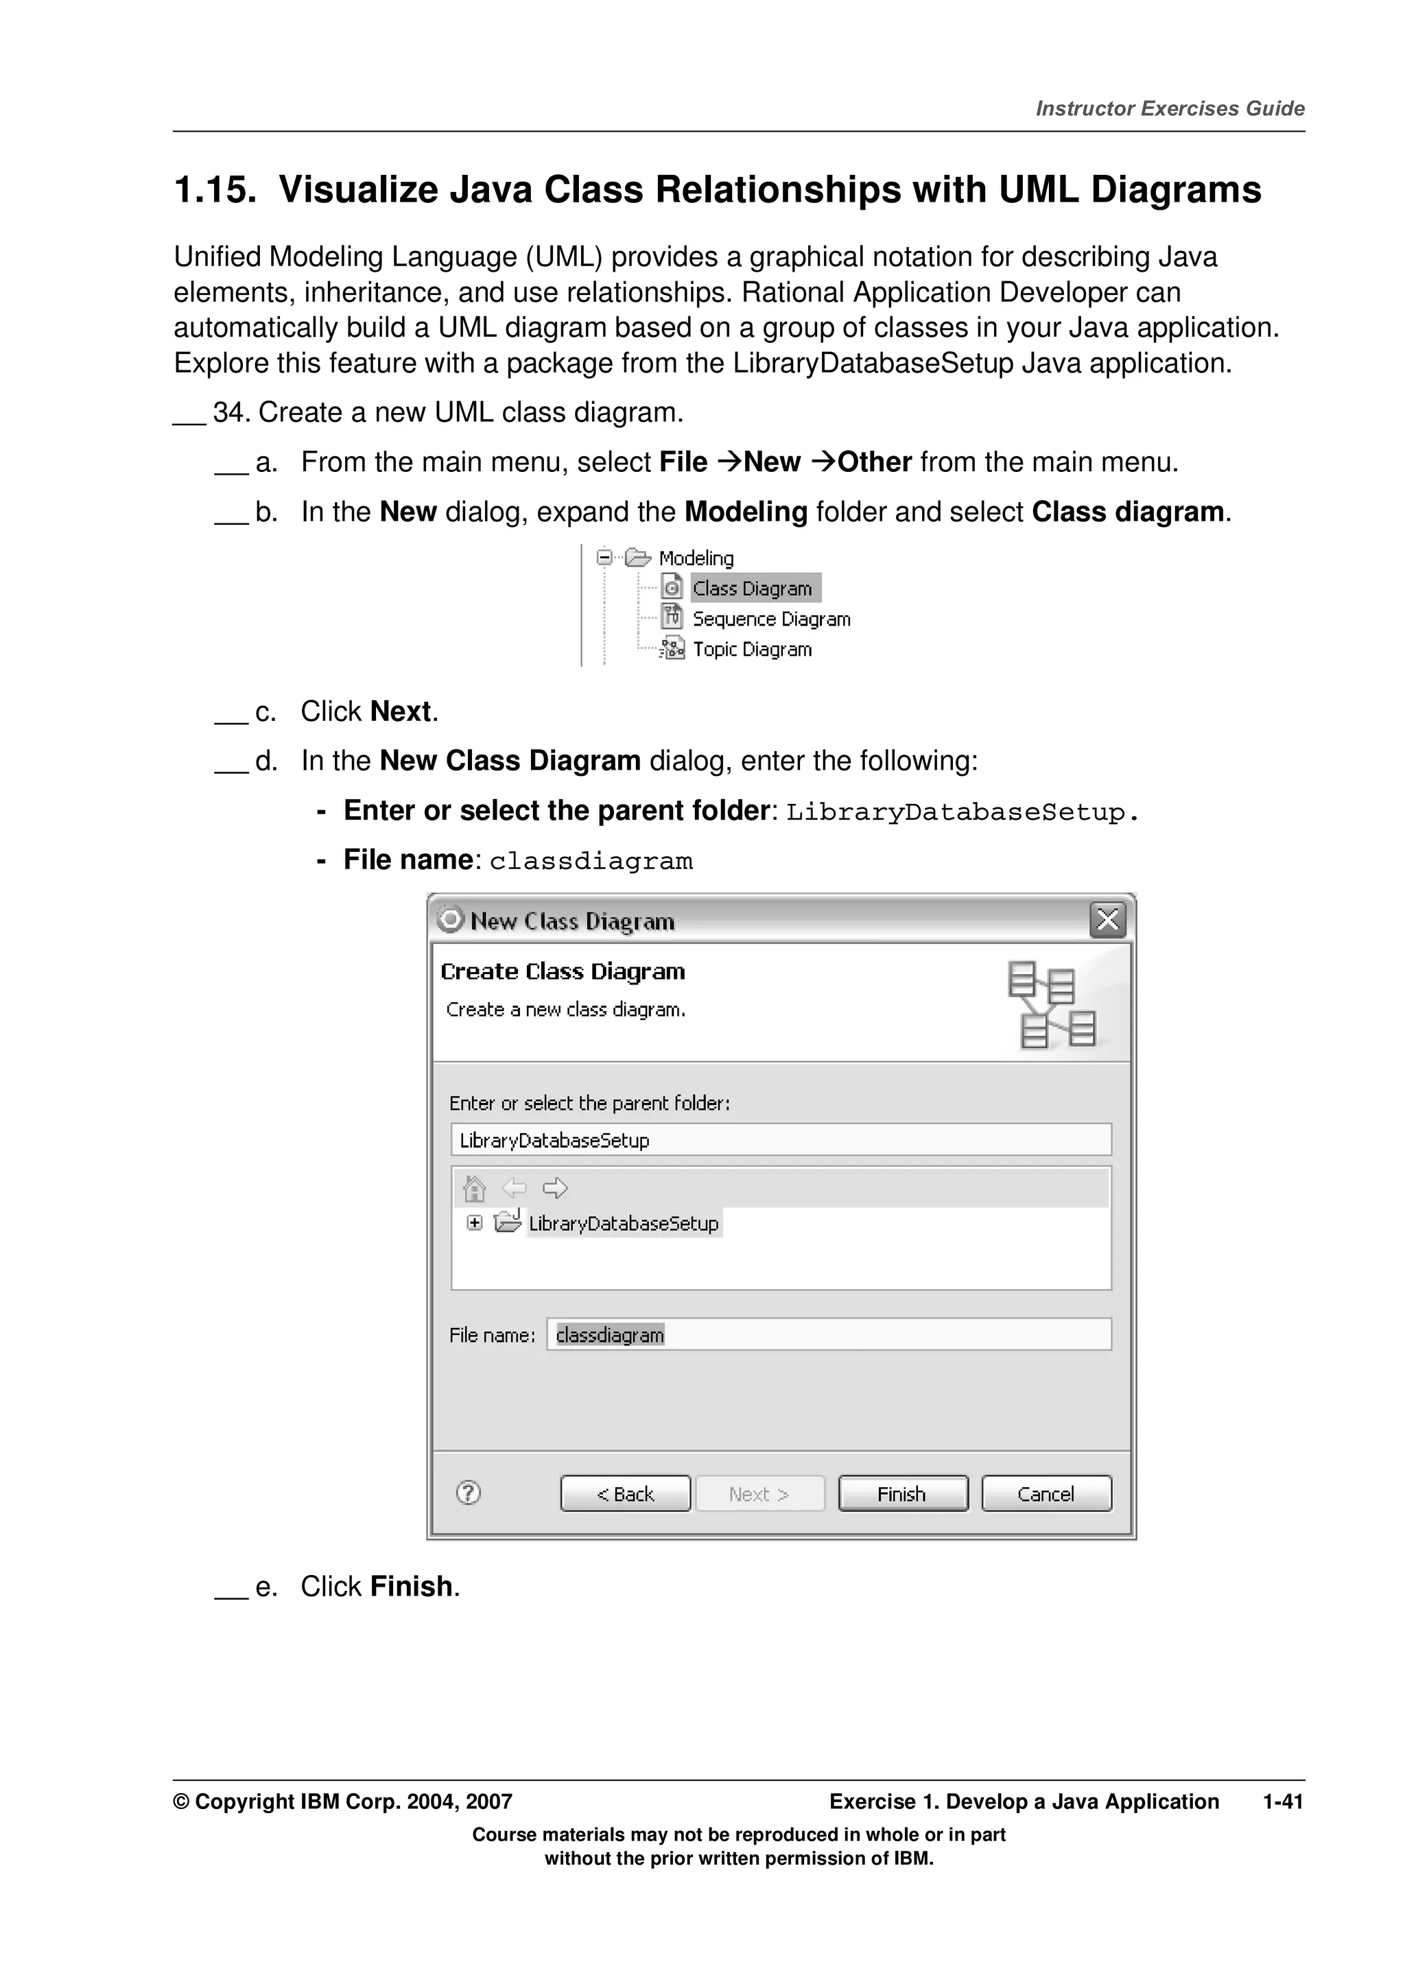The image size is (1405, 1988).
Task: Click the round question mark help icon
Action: pos(469,1493)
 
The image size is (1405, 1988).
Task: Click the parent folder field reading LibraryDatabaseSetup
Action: pos(780,1139)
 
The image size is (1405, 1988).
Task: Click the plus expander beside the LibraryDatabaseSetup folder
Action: pos(474,1222)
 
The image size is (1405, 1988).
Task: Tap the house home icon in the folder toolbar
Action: pos(474,1188)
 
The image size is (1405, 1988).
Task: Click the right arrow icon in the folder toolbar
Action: pos(555,1188)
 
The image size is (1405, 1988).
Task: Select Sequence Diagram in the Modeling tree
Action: pos(770,619)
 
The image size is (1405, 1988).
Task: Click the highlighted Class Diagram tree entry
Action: pos(753,589)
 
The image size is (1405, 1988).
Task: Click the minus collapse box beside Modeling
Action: pos(604,558)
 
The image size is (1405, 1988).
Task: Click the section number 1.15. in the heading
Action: pos(215,191)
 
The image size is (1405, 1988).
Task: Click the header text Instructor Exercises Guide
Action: pos(1170,108)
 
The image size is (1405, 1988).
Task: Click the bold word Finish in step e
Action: pos(411,1586)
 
